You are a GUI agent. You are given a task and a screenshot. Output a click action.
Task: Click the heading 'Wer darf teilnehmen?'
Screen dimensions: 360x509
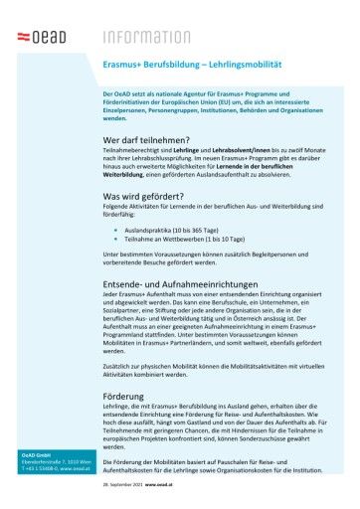145,141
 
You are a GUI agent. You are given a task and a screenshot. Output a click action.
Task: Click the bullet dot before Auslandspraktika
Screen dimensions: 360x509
116,229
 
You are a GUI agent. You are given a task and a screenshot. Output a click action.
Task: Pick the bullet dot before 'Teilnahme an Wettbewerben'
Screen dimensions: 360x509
116,239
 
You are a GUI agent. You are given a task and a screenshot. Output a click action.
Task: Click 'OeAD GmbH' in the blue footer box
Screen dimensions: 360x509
39,455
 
